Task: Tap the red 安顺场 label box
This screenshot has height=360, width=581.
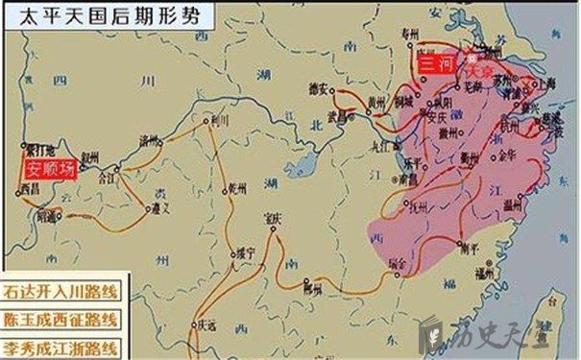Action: point(49,170)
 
